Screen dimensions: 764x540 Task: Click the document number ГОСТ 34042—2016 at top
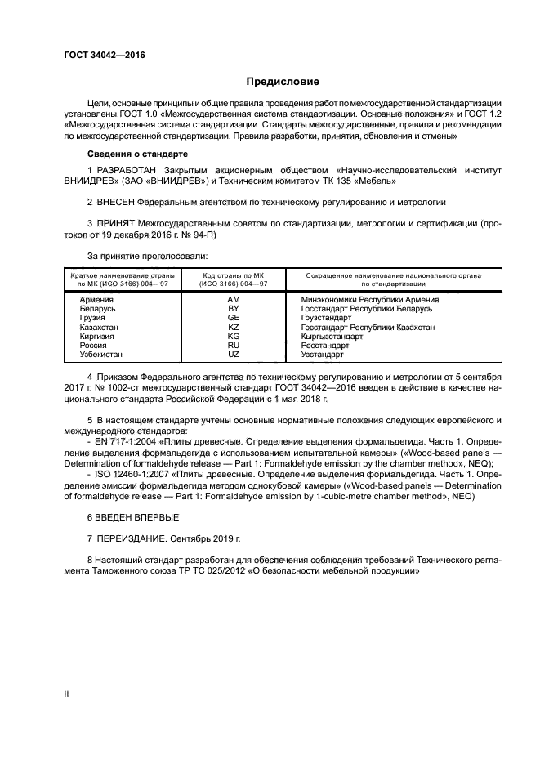99,56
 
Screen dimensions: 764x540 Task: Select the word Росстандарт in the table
325,346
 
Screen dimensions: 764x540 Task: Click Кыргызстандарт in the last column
332,336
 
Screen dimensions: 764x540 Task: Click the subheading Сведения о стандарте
137,154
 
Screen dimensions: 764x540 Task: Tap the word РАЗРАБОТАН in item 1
127,168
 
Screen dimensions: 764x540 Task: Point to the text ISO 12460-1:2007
110,474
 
